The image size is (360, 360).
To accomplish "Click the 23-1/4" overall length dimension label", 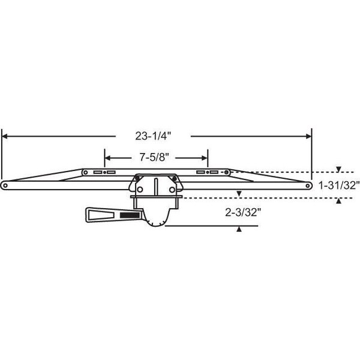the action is (153, 136).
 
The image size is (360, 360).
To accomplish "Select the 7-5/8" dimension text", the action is (154, 157).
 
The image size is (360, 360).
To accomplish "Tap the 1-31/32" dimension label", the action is (339, 185).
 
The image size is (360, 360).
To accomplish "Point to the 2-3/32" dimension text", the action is (243, 212).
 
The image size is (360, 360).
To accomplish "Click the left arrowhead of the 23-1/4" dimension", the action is (5, 136).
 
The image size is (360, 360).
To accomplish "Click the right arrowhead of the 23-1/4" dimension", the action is (309, 136).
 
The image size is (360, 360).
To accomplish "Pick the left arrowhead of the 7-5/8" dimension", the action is (107, 158).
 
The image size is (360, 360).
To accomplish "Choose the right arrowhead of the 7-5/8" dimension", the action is (205, 158).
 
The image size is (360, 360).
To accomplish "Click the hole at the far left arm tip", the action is (5, 185).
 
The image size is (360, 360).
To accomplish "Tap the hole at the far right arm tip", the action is (308, 185).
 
